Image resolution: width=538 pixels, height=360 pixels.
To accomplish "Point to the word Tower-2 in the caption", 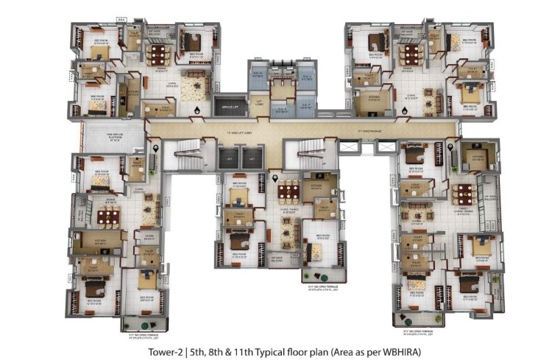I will (164, 352).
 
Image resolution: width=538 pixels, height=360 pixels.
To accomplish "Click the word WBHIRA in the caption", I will (402, 352).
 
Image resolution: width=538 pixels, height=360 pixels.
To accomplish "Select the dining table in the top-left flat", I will (157, 54).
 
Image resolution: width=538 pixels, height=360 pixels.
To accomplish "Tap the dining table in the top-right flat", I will (410, 54).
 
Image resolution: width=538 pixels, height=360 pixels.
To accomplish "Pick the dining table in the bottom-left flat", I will (108, 216).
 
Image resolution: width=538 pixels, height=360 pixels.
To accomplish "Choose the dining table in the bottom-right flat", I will (463, 194).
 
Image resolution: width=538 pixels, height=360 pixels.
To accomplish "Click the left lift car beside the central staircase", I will (229, 157).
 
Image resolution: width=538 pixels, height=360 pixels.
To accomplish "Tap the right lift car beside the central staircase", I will (252, 157).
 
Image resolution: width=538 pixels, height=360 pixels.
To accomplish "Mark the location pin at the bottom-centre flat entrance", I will (275, 177).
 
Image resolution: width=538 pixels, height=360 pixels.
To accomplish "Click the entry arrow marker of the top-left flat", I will (197, 110).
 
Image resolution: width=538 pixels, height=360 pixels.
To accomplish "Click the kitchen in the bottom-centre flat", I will (316, 186).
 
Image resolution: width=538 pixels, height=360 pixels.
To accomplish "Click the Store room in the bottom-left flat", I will (149, 237).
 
